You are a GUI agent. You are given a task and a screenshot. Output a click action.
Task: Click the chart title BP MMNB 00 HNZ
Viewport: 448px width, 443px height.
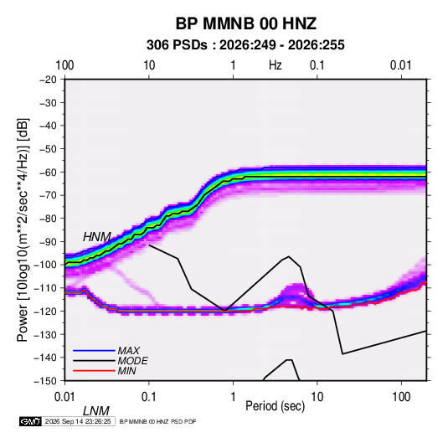pos(245,23)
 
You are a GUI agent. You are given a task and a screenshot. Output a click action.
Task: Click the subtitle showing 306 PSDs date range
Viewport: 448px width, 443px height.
pos(245,45)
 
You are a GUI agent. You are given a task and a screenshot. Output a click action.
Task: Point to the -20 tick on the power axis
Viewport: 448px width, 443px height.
pos(48,80)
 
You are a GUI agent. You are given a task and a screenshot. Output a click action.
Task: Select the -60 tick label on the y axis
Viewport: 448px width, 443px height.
pos(48,173)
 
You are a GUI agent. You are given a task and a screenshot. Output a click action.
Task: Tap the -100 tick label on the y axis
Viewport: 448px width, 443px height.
pos(46,265)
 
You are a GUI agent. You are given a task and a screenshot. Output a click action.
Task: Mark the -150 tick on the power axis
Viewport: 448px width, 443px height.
pos(46,381)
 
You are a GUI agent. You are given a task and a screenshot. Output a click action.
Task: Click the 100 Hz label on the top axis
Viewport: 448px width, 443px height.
pos(64,65)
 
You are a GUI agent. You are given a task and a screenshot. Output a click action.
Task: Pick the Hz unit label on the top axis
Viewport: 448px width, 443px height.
pos(275,65)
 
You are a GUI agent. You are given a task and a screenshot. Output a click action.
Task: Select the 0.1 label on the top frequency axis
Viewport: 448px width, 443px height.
pos(317,65)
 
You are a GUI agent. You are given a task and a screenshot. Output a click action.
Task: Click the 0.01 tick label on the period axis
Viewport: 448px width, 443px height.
pos(64,397)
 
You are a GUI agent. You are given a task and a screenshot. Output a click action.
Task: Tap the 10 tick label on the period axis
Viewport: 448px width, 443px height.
pos(317,397)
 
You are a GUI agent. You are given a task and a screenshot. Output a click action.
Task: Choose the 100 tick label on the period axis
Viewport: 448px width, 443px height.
pos(401,397)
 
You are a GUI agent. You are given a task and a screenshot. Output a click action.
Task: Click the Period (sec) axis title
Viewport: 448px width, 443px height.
pos(275,406)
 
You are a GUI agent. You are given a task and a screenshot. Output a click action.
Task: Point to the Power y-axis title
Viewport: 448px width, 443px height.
pos(23,230)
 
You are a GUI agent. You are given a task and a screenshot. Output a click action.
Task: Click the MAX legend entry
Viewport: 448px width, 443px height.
pos(129,351)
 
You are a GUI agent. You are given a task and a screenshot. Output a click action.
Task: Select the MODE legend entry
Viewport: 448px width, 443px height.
pos(133,361)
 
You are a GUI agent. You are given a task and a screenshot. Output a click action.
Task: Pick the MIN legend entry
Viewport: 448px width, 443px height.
pos(126,371)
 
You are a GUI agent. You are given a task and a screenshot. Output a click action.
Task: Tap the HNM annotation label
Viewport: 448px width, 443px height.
pos(97,237)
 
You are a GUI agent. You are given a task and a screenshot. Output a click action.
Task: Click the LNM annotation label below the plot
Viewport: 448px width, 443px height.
pos(96,411)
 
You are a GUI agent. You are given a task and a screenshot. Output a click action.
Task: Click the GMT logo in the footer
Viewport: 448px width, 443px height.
pos(31,421)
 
